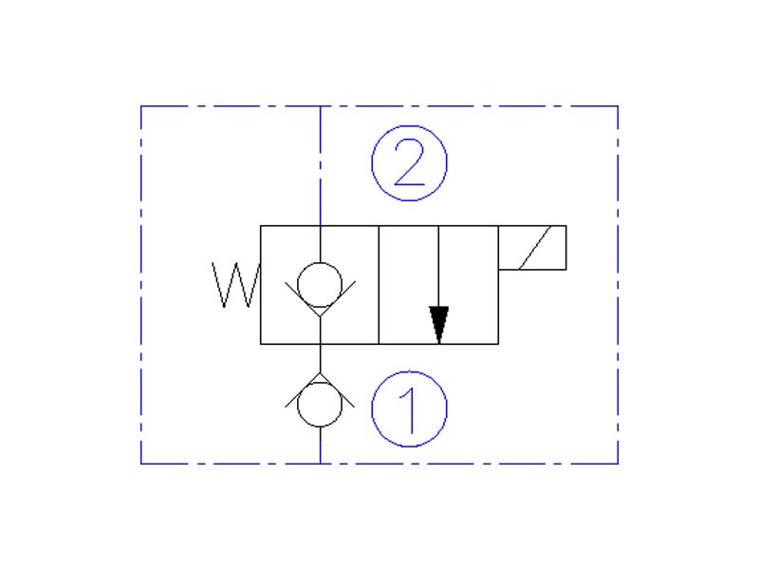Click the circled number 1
[x=408, y=408]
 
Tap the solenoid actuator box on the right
[x=532, y=247]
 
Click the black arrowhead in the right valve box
[x=437, y=323]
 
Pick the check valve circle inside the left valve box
[x=320, y=283]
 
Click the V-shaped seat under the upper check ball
[x=320, y=306]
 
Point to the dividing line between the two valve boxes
[x=379, y=285]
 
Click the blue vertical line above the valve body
[x=320, y=166]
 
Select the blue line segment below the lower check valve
[x=320, y=446]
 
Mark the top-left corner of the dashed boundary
[x=141, y=106]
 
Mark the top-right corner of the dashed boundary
[x=618, y=106]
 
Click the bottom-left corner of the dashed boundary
[x=141, y=464]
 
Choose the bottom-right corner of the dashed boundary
[x=618, y=464]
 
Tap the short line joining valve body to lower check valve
[x=320, y=359]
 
